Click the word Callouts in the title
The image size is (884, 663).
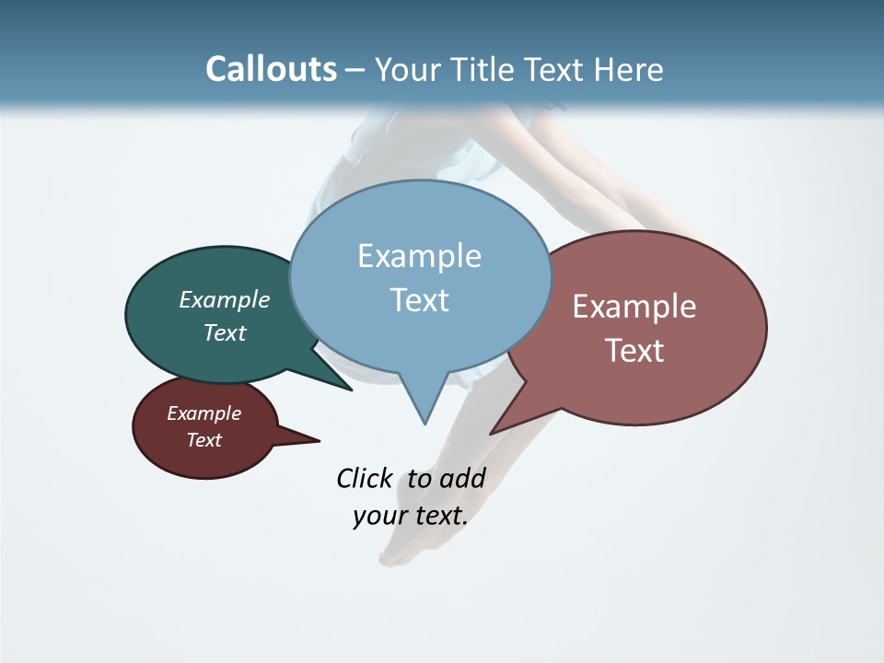tap(271, 69)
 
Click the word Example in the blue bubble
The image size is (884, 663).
tap(419, 256)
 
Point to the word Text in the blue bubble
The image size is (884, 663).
tap(419, 300)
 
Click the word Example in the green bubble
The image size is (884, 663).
tap(225, 299)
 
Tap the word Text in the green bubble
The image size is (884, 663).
tap(225, 332)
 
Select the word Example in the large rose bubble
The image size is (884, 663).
tap(634, 307)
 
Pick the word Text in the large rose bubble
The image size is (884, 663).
tap(634, 351)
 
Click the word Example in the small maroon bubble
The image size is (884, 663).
tap(204, 413)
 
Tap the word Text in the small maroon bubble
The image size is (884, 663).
tap(204, 440)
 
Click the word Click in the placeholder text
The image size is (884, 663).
tap(364, 479)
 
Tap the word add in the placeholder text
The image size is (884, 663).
tap(462, 479)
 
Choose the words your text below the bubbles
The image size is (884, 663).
tap(411, 516)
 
